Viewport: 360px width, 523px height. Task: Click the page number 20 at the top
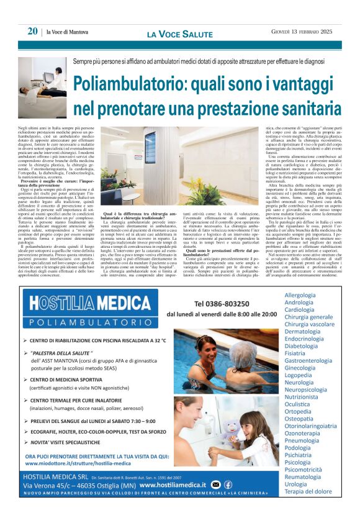[32, 32]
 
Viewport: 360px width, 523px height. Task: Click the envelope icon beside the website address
[215, 484]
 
